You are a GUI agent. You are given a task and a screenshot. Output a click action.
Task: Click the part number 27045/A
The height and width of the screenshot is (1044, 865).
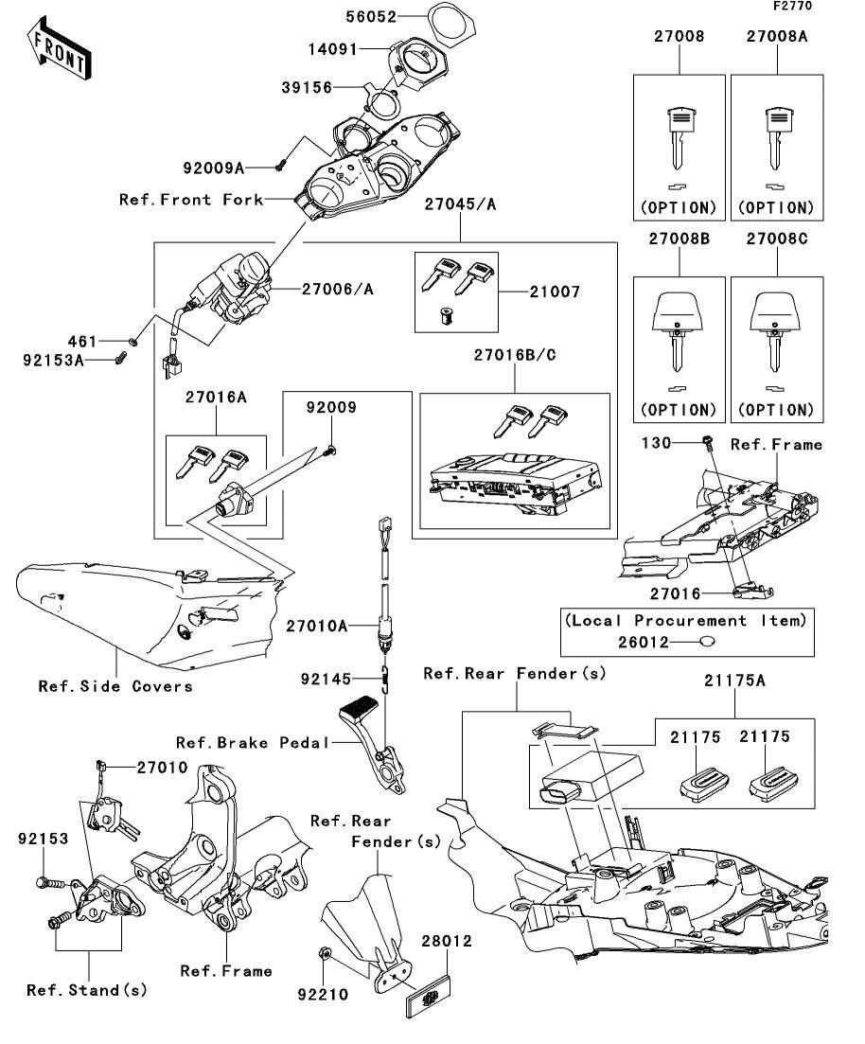coord(460,203)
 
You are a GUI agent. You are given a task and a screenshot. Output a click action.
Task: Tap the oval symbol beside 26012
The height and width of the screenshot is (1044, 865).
coord(705,643)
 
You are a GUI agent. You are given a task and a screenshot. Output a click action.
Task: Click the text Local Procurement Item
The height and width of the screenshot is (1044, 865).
coord(686,621)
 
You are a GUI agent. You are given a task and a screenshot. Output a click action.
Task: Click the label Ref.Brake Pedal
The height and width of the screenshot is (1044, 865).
coord(253,742)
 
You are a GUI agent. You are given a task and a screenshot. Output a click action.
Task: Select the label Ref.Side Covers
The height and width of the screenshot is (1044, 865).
coord(115,686)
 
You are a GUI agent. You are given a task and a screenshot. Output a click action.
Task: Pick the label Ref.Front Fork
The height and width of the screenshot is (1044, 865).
coord(191,200)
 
